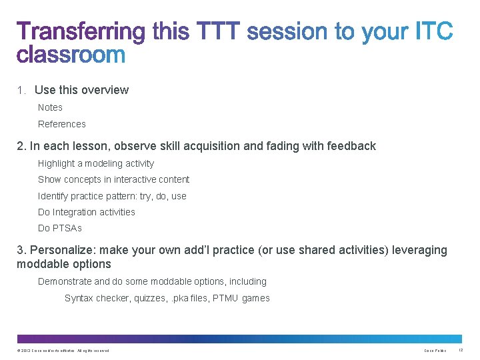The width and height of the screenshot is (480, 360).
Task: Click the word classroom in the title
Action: click(x=71, y=54)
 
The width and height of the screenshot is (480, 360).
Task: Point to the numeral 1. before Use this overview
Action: click(x=21, y=91)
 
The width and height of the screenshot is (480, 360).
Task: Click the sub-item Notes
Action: click(x=50, y=107)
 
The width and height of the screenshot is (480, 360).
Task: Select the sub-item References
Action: click(x=62, y=124)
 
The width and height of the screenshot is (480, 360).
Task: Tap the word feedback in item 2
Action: click(x=351, y=146)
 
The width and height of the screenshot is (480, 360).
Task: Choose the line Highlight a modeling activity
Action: click(x=96, y=163)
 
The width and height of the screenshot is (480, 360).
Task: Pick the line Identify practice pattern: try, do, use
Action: click(x=112, y=196)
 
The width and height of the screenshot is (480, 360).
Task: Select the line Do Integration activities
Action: click(x=87, y=212)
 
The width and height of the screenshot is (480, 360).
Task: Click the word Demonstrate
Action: click(x=65, y=281)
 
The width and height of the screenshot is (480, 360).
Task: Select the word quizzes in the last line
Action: click(x=148, y=298)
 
